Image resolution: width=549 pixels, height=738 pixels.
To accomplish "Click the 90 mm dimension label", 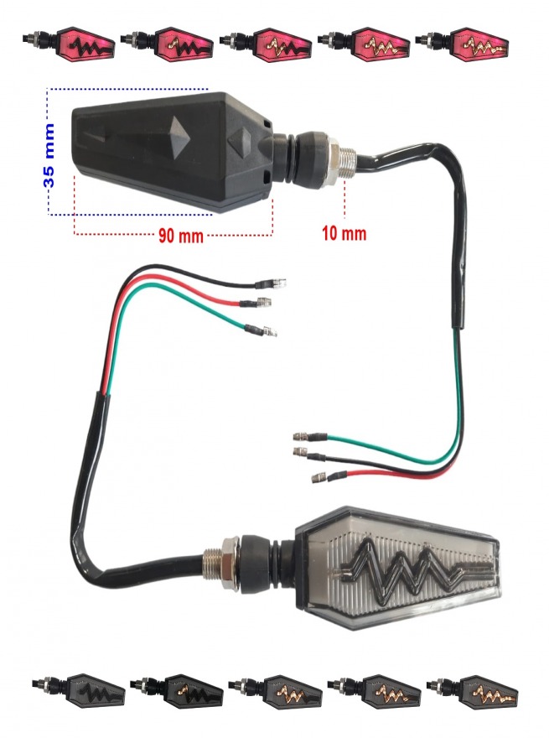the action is [181, 236].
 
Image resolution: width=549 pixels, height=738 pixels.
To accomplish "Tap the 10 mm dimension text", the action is [344, 233].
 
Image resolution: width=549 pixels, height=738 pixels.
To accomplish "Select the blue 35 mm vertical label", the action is [49, 156].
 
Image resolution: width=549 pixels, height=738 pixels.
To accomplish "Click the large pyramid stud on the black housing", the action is [179, 138].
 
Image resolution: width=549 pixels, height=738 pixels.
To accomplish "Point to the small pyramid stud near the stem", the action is [241, 140].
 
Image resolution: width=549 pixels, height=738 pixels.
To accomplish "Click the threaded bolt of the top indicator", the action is [349, 163].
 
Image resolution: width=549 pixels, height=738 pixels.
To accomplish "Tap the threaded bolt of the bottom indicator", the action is [212, 564].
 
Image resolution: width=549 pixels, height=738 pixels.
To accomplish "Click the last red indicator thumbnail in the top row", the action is [463, 44].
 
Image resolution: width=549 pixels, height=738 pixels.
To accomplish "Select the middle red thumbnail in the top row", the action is [267, 44].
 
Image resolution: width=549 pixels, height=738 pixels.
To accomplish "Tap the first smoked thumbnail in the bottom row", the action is [78, 691].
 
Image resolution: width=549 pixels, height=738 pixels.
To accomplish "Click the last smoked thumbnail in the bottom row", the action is [473, 692].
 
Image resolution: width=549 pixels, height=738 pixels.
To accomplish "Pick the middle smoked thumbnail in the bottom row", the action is [275, 692].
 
